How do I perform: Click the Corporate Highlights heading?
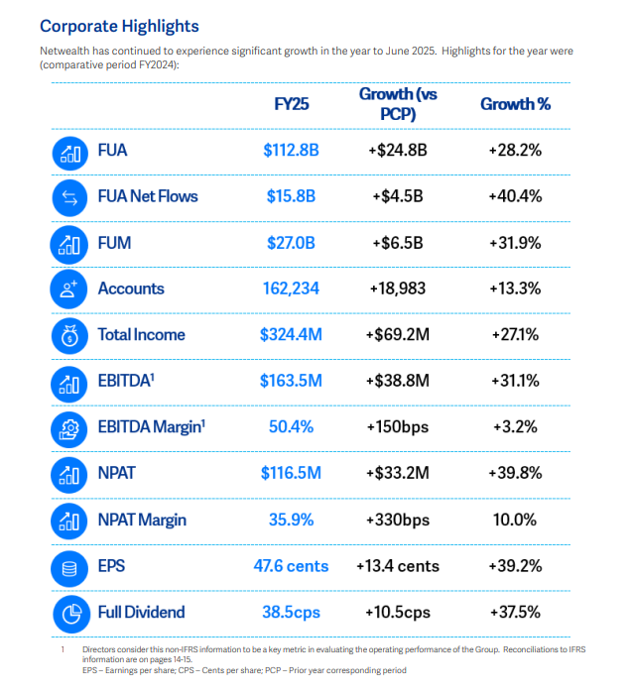point(119,27)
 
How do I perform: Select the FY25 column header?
point(292,104)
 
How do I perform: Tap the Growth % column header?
point(515,104)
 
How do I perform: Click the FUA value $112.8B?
point(291,151)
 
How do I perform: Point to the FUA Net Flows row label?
point(147,196)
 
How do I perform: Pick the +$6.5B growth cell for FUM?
point(400,243)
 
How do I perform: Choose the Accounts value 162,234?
point(291,289)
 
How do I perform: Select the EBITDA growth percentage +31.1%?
point(515,381)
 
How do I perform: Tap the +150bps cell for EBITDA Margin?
point(400,427)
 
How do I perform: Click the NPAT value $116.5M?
point(291,473)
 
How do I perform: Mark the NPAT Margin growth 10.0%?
point(515,520)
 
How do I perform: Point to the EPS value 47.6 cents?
point(291,566)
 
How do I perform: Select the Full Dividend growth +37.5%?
point(515,612)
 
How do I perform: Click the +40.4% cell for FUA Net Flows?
point(515,196)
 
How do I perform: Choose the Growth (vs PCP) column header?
point(400,104)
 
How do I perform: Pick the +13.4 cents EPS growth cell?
point(400,566)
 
